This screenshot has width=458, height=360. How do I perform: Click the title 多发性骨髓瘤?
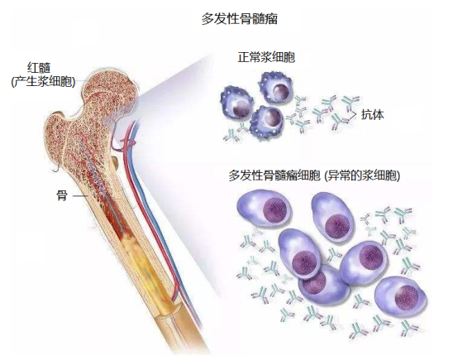(x=239, y=19)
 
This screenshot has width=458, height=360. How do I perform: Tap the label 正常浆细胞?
(x=266, y=57)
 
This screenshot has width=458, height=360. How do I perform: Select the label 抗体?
(x=372, y=114)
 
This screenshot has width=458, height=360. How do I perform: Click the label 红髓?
(x=39, y=68)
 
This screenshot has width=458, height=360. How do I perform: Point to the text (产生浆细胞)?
(x=43, y=82)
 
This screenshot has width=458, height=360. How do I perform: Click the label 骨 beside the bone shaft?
(x=62, y=195)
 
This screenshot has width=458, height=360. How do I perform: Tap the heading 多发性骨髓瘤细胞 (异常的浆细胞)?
(x=314, y=176)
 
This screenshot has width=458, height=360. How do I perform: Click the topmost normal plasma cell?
(x=274, y=87)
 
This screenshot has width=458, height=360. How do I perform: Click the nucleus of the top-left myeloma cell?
(x=274, y=210)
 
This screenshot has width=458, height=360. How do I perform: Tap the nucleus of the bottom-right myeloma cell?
(x=406, y=296)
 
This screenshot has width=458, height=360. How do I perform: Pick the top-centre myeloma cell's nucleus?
(x=337, y=225)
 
